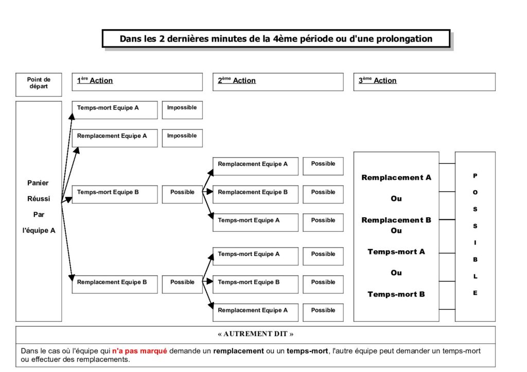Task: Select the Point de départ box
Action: tap(39, 85)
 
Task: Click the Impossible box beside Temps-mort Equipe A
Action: tap(182, 110)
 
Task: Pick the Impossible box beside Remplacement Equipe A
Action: tap(182, 138)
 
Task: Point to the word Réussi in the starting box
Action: tap(39, 198)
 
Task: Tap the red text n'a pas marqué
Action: tap(139, 351)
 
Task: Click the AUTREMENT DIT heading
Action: tap(255, 334)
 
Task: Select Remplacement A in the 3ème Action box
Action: tap(396, 177)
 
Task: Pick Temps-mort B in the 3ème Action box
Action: tap(396, 294)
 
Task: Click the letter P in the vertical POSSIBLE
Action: tap(475, 175)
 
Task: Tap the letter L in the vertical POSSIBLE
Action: tap(475, 276)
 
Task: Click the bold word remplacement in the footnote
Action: tap(238, 351)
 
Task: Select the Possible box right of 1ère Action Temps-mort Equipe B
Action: tap(182, 194)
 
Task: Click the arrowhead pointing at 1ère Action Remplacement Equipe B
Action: tap(71, 278)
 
